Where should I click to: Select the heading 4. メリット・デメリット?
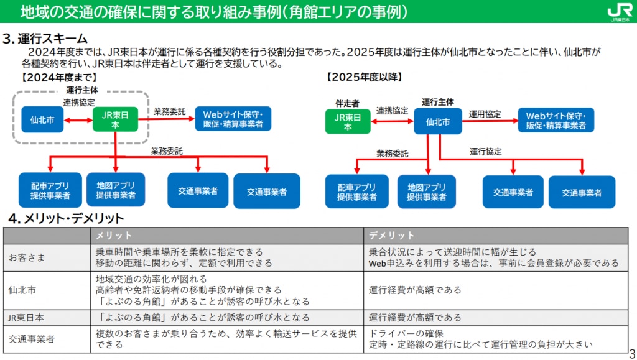pyautogui.click(x=66, y=218)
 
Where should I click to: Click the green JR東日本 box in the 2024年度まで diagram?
pyautogui.click(x=115, y=120)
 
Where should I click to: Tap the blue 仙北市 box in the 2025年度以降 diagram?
pyautogui.click(x=438, y=121)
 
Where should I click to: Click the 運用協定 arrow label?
pyautogui.click(x=485, y=114)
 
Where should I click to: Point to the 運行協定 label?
pyautogui.click(x=486, y=152)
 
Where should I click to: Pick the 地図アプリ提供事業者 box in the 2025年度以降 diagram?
pyautogui.click(x=427, y=192)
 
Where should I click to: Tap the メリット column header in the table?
pyautogui.click(x=113, y=236)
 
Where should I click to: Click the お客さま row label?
pyautogui.click(x=27, y=257)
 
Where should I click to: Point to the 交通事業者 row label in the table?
pyautogui.click(x=32, y=339)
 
